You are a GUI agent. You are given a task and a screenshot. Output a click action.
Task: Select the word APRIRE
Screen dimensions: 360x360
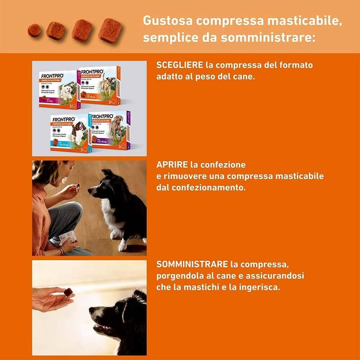click(x=172, y=165)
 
